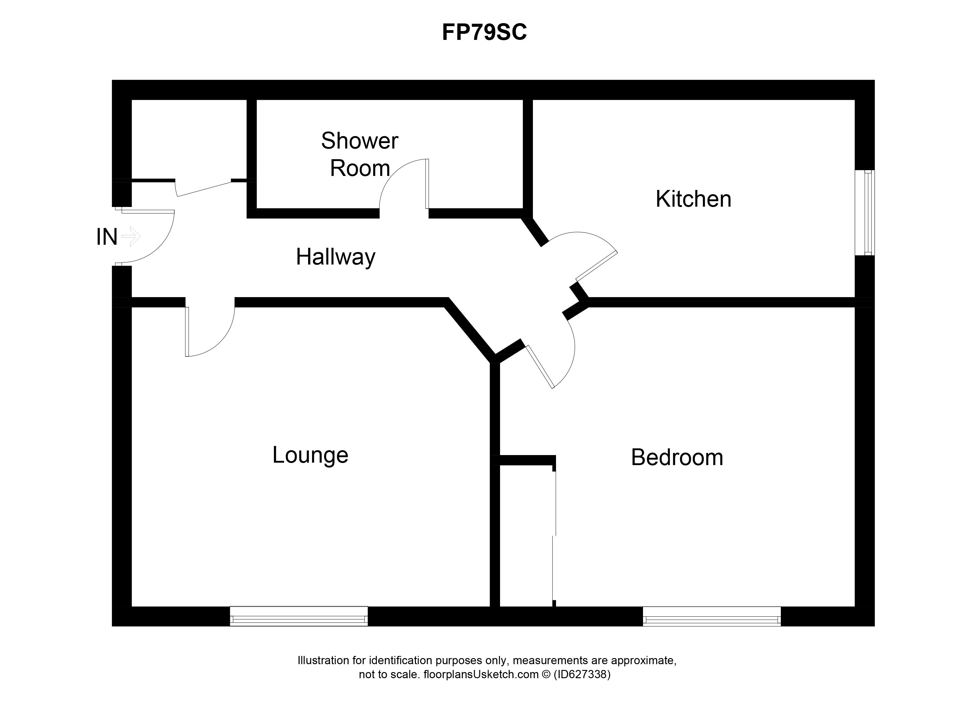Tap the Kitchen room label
[693, 199]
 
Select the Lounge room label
[311, 455]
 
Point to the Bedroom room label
[677, 457]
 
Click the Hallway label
[336, 257]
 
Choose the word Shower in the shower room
[360, 141]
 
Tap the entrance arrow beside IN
[131, 236]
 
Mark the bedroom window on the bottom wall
[712, 616]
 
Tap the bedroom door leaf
[540, 367]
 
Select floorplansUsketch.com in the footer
[481, 675]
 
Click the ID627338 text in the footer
[582, 675]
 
